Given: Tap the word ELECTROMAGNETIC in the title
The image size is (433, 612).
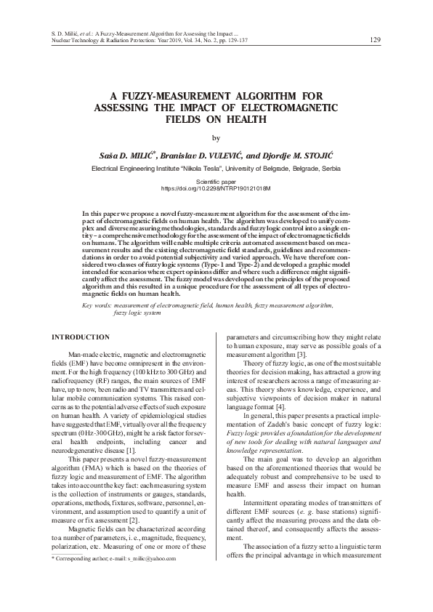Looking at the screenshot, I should click(287, 107).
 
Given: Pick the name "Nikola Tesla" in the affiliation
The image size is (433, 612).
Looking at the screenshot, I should click(190, 168).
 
